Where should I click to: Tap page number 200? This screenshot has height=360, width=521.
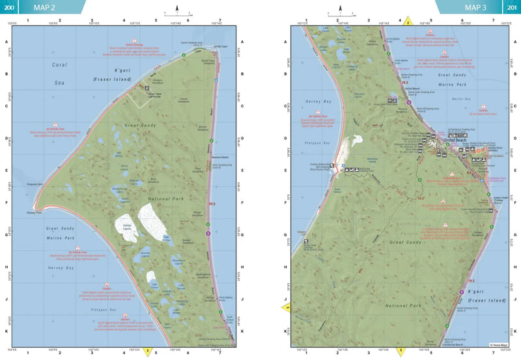pyautogui.click(x=8, y=7)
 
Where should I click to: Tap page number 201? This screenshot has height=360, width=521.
pyautogui.click(x=512, y=7)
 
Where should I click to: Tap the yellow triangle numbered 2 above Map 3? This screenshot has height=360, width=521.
pyautogui.click(x=408, y=21)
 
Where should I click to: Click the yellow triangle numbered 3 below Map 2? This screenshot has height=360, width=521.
pyautogui.click(x=148, y=352)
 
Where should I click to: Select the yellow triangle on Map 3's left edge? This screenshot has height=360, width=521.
pyautogui.click(x=286, y=307)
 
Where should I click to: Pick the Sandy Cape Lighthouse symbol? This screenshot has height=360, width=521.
pyautogui.click(x=147, y=87)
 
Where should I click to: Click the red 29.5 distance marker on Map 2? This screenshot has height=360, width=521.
pyautogui.click(x=212, y=204)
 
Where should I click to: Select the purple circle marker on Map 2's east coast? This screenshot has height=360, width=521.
pyautogui.click(x=208, y=232)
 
